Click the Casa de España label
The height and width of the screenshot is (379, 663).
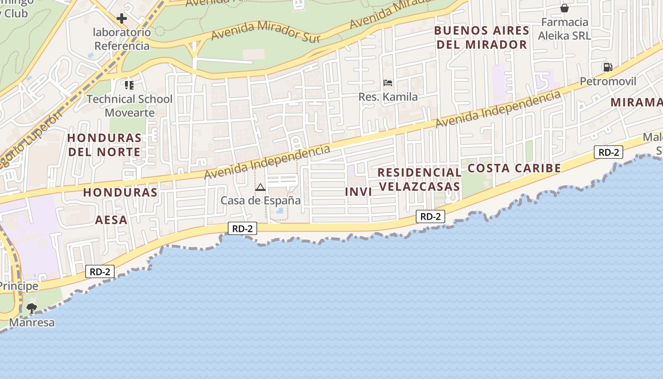point(260,200)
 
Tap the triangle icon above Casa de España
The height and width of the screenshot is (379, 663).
point(260,188)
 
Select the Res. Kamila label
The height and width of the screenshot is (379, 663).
point(388,97)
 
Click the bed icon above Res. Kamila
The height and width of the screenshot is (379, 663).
point(388,83)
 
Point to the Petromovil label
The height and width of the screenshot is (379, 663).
point(608,81)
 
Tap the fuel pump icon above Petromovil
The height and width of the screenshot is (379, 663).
point(607,67)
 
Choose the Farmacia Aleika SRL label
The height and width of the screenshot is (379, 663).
point(564,28)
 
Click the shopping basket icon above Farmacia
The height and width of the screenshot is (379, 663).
point(564,8)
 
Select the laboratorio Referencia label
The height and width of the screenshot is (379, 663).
point(122,39)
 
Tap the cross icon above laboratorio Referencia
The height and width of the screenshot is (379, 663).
point(122,18)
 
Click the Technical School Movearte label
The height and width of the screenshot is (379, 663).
point(129,106)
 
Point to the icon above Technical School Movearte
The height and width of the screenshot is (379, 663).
point(129,85)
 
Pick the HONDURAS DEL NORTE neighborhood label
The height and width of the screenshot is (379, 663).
point(104,145)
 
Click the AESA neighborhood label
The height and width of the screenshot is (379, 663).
point(111,220)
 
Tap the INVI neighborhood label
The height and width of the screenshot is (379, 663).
point(358,192)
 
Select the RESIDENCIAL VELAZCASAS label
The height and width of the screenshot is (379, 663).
point(420,179)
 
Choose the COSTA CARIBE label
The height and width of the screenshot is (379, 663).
point(514,168)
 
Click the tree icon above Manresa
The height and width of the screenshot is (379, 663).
point(32,308)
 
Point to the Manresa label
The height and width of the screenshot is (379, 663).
point(32,323)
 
